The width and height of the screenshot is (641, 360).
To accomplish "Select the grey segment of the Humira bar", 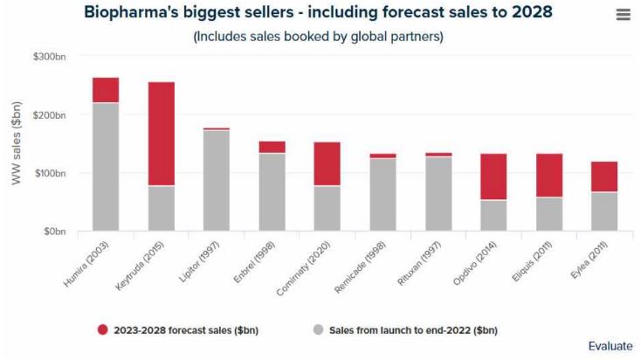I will point(106,167).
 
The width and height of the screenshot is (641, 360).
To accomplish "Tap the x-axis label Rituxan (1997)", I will point(425,262).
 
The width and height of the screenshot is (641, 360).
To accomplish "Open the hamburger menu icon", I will point(623,15).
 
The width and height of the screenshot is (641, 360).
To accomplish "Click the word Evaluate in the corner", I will point(610,346).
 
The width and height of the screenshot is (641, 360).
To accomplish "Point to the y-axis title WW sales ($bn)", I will point(17,144).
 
